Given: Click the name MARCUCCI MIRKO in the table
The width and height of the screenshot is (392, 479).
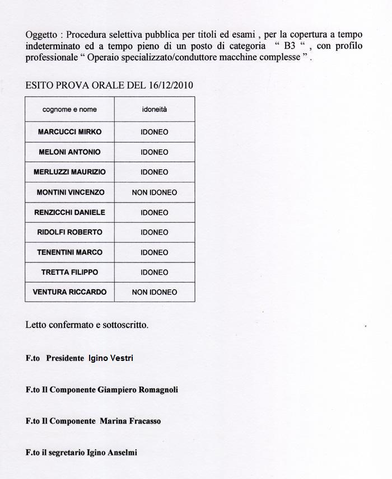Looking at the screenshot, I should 69,132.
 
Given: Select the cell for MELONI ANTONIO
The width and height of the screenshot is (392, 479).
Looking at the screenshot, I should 69,152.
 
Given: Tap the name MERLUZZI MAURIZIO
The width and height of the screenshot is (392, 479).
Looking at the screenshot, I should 69,172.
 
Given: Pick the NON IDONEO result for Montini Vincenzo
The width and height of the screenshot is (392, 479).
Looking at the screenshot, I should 154,192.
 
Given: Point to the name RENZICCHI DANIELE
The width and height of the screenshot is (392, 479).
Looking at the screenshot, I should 69,213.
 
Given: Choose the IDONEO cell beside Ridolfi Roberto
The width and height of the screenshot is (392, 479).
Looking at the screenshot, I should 154,232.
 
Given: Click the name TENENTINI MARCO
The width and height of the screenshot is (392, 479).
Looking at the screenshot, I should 69,252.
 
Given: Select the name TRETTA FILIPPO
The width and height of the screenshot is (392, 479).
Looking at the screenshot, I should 69,273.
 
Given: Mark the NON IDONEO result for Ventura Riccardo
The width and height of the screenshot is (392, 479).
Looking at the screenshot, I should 154,292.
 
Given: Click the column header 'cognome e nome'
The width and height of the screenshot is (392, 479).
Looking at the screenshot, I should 69,110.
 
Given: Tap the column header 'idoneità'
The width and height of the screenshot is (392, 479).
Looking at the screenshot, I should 154,110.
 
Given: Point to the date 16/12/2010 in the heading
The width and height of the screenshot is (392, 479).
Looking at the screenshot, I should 171,86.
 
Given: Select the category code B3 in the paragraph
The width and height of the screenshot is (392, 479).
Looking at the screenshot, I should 290,46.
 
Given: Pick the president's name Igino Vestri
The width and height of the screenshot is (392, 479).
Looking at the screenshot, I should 111,358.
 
